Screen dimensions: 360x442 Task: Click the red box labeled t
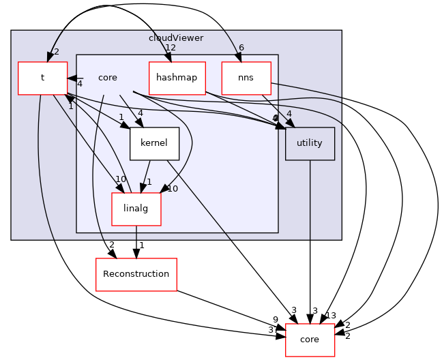coord(42,78)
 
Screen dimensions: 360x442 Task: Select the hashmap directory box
coord(177,78)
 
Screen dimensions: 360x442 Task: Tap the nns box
coord(246,78)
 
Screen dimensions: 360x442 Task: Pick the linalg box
coord(136,209)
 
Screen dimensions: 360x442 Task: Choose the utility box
coord(310,143)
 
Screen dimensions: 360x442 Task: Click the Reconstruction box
coord(136,274)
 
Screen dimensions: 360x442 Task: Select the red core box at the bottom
coord(310,340)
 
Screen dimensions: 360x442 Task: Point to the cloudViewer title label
coord(176,38)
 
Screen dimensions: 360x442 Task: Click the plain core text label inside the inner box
coord(108,78)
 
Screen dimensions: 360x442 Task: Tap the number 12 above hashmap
coord(171,48)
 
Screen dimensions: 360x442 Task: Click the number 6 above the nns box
coord(241,48)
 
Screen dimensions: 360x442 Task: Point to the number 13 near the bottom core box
coord(331,315)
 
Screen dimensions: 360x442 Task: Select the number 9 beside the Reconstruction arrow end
coord(276,319)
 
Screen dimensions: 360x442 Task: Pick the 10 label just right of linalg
coord(172,189)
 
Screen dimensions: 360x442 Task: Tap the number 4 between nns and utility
coord(289,114)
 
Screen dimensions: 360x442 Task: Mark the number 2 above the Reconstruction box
coord(111,245)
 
